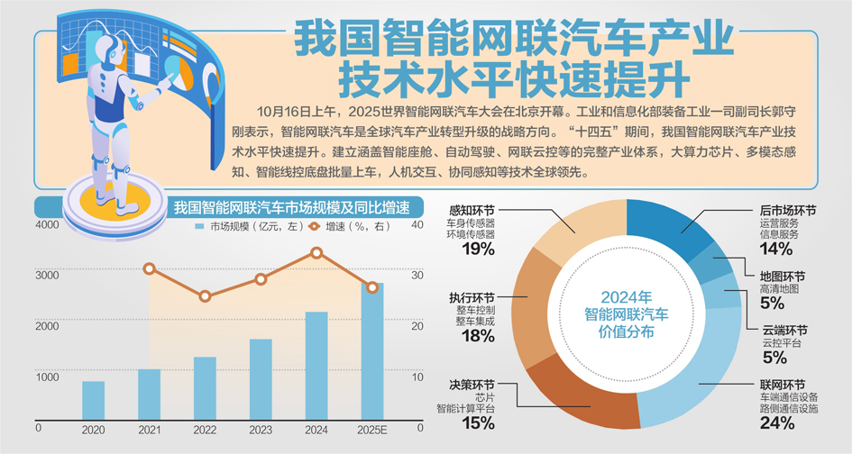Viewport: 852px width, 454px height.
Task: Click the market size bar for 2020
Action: coord(93,401)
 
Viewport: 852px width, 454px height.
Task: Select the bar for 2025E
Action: coord(371,351)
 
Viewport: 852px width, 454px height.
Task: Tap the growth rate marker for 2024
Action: coord(316,253)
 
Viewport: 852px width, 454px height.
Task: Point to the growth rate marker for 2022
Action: coord(205,296)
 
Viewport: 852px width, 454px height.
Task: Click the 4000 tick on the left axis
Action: coord(47,225)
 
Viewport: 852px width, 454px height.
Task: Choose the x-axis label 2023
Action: coord(260,431)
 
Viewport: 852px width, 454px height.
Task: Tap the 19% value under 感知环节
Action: coord(479,249)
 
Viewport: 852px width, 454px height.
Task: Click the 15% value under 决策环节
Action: coord(478,422)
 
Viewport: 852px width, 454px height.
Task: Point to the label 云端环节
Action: coord(784,330)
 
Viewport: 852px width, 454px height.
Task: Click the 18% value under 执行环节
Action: coord(478,336)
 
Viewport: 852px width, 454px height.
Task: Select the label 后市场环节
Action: coord(787,209)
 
